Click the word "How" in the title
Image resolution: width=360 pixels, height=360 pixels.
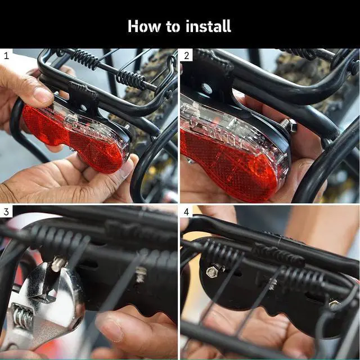point(144,26)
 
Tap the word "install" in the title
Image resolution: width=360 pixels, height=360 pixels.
point(208,26)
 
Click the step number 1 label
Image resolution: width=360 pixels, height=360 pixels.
point(6,56)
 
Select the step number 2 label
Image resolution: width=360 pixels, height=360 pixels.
point(187,56)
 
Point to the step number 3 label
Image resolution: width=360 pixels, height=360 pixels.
point(6,212)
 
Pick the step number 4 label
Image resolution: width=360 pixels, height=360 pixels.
point(187,212)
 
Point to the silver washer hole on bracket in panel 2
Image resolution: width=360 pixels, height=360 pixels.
point(206,88)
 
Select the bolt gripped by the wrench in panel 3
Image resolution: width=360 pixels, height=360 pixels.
point(58,264)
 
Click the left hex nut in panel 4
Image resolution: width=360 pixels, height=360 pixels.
point(212,272)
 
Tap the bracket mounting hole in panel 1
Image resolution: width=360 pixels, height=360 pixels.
point(83,107)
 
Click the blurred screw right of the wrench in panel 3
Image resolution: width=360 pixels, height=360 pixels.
point(141,274)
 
